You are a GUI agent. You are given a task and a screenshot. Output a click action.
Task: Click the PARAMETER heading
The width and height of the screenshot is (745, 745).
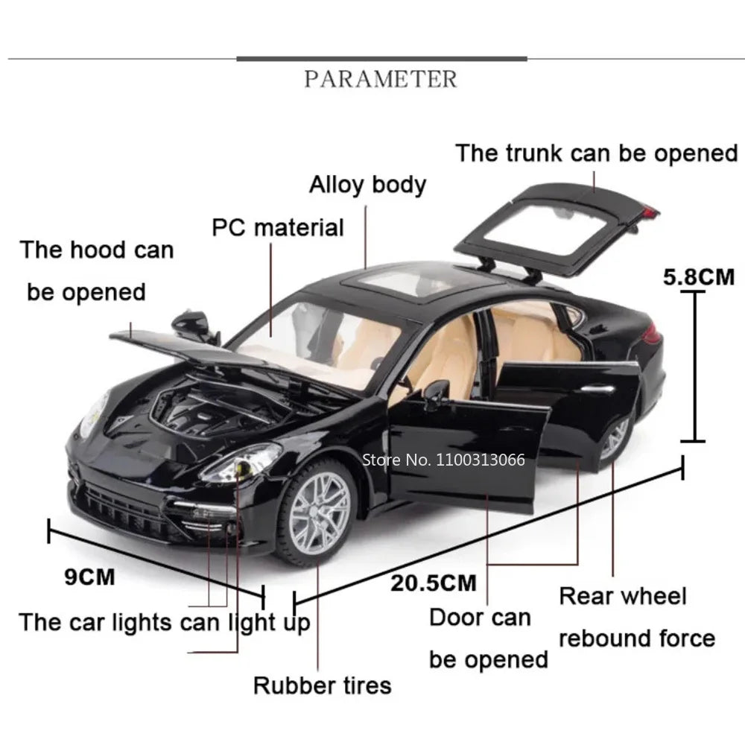381,78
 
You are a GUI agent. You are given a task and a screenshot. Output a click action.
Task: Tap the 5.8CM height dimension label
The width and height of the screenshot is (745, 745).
699,277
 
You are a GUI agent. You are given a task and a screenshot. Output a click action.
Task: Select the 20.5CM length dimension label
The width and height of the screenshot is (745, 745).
433,582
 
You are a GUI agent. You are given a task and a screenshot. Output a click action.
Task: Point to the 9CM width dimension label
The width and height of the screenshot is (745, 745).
89,576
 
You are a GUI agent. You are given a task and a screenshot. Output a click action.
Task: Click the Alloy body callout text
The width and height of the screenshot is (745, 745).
367,184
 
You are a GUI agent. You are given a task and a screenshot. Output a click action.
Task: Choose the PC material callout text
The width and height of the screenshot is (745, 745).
278,227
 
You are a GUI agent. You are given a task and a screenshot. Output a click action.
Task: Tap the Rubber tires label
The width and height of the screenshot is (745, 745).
322,685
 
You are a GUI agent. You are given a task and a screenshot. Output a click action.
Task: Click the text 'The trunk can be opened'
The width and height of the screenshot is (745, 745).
596,153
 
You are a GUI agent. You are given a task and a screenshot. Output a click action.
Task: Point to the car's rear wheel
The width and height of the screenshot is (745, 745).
615,438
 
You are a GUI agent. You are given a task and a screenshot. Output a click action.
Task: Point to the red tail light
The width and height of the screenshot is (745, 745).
651,335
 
